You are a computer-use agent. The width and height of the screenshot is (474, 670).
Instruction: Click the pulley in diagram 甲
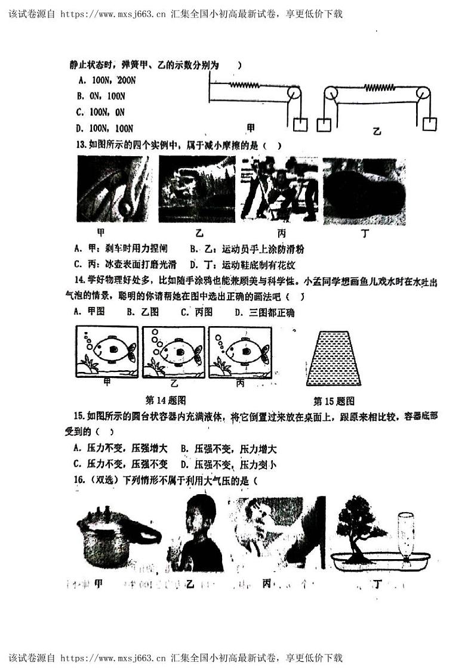coord(294,94)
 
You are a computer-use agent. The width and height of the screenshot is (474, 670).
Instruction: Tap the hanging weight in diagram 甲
coord(300,124)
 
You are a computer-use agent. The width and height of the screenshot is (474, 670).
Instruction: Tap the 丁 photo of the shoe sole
coord(365,191)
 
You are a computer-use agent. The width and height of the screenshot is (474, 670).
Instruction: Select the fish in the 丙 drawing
coord(244,351)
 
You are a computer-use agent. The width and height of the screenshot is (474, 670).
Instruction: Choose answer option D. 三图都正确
coord(264,312)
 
